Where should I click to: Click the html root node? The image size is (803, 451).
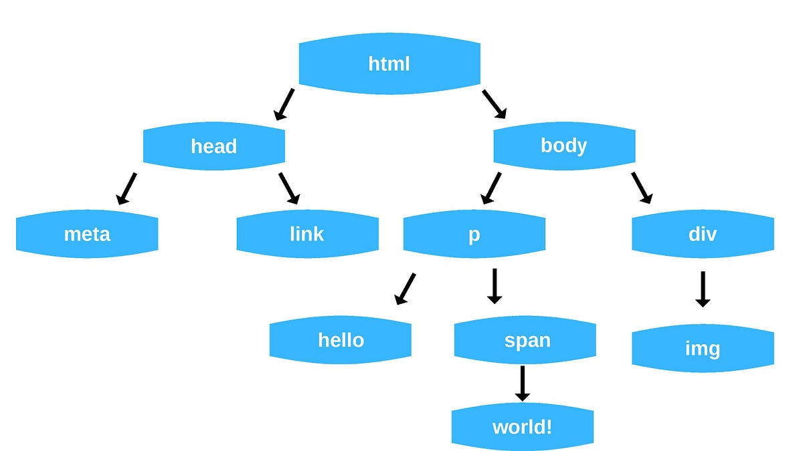coord(389,64)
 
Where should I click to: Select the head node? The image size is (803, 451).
coord(214,146)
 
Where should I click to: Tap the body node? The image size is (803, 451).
coord(564,146)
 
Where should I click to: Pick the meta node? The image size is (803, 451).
coord(87,234)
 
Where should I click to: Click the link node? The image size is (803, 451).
coord(307,234)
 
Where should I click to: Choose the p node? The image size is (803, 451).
coord(474,234)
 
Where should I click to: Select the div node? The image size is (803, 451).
coord(703,234)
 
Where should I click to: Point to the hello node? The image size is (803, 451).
coord(341,340)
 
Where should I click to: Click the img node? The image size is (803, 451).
coord(703,348)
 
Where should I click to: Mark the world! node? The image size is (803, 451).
coord(523,426)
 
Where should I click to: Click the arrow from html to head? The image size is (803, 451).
coord(284,104)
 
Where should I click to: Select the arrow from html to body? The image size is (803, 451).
coord(495,104)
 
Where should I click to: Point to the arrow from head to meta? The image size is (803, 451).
coord(126,188)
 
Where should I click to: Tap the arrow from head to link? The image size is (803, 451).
coord(289,188)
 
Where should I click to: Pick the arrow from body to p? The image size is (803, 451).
coord(490,188)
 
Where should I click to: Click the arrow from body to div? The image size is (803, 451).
coord(641,188)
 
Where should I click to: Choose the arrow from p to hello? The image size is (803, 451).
coord(405,289)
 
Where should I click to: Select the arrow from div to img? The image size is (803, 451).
coord(702,289)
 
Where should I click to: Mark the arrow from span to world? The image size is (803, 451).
coord(523,383)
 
